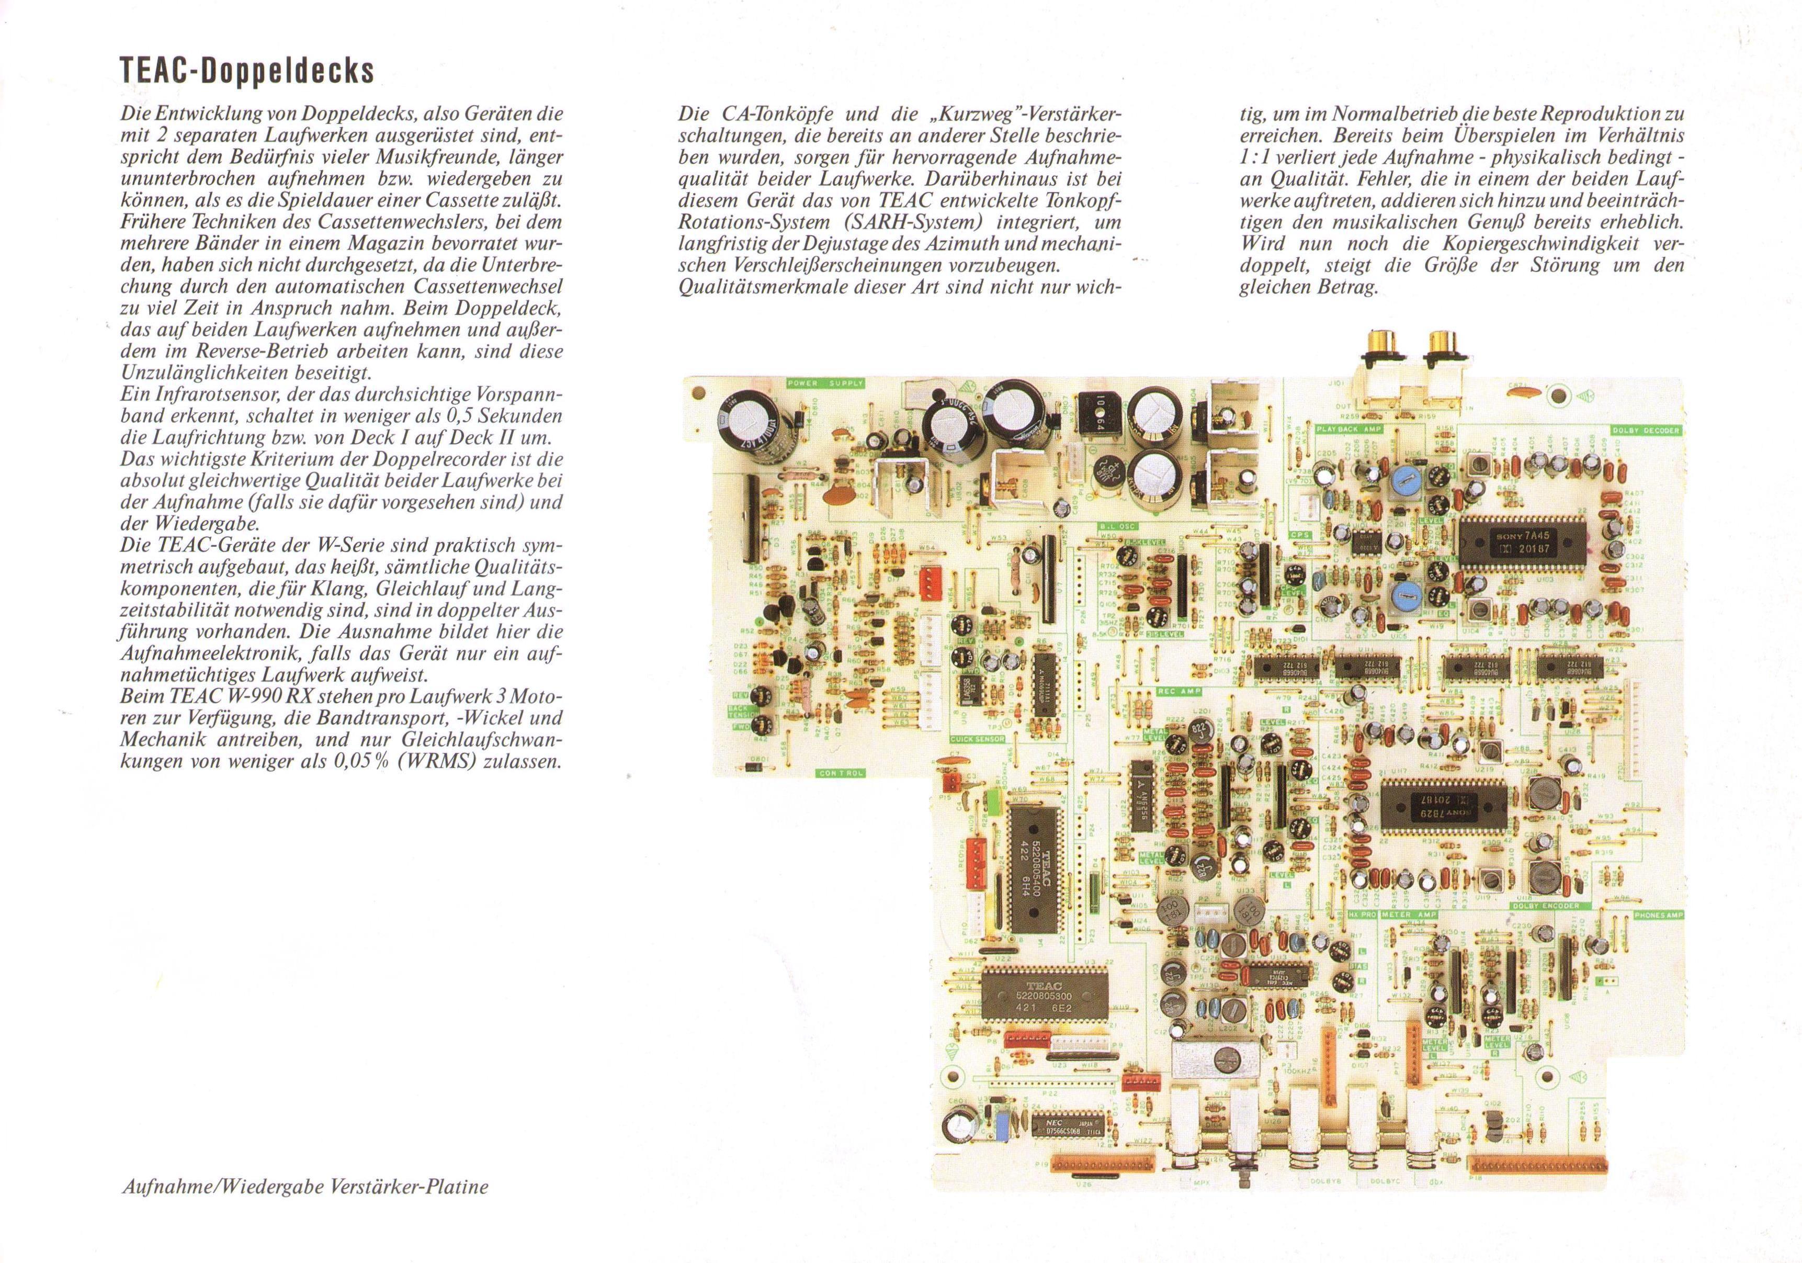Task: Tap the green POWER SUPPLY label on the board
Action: coord(825,384)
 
